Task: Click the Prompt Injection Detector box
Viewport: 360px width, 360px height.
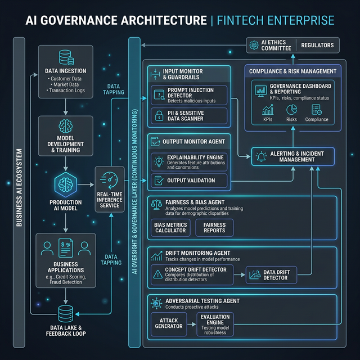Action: (189, 95)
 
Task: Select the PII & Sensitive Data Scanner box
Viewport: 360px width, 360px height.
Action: (189, 116)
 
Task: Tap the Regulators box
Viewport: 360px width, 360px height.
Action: (317, 45)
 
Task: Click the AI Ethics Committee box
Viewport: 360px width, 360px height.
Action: (270, 45)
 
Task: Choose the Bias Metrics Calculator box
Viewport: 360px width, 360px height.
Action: (170, 227)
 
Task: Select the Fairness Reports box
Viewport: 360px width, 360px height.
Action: (214, 227)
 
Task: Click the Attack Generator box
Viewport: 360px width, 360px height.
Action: (169, 323)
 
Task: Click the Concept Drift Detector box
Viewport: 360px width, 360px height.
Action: (192, 274)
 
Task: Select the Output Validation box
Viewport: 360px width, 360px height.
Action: (189, 181)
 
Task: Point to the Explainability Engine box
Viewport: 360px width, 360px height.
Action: (189, 161)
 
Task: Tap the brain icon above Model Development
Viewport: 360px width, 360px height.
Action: (66, 126)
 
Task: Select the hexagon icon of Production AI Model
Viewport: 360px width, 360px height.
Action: (66, 184)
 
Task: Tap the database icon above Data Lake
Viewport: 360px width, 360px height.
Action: (65, 313)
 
